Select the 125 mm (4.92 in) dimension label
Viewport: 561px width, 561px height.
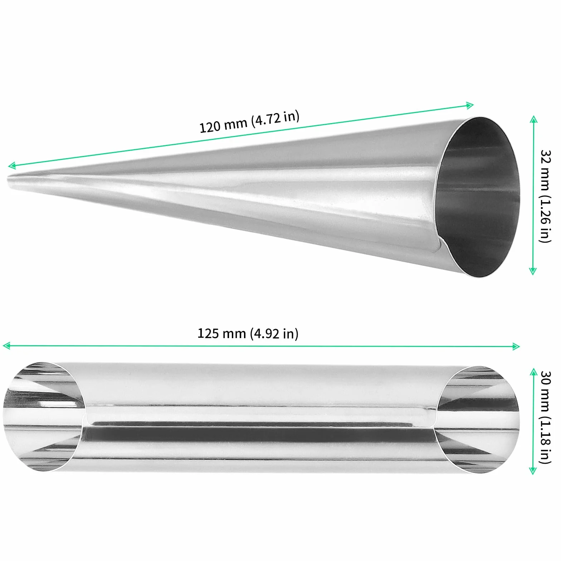(248, 333)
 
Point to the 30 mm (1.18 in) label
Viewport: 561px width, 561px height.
(545, 417)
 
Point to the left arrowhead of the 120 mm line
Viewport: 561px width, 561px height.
(11, 165)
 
